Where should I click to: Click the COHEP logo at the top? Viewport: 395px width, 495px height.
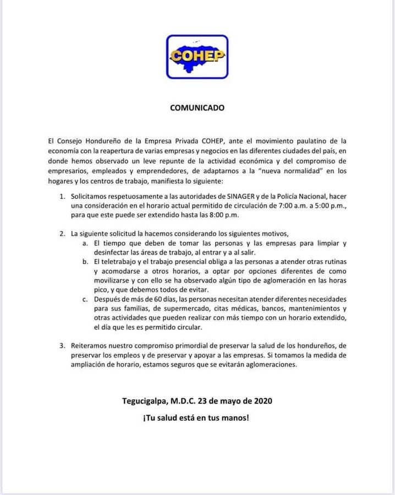(x=197, y=56)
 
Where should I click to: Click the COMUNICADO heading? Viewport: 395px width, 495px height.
(x=197, y=108)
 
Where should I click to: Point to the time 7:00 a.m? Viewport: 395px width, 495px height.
(x=302, y=206)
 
